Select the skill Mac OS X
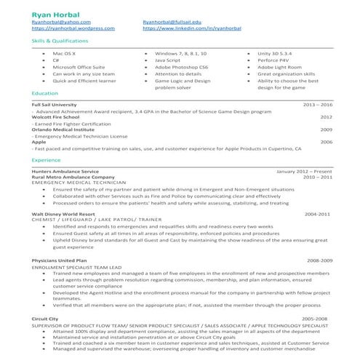pos(66,55)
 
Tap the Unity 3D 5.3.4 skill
pos(276,55)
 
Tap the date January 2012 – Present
pos(304,171)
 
